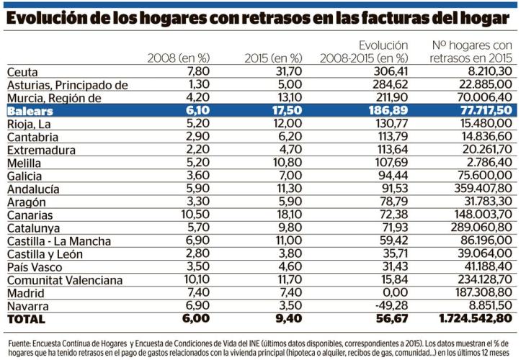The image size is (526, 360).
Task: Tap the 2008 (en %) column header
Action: (x=177, y=58)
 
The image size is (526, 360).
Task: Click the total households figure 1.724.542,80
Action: (x=476, y=319)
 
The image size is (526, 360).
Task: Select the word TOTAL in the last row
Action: (x=26, y=319)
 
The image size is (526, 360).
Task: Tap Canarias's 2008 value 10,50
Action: (x=192, y=215)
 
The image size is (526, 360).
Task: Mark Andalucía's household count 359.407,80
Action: (x=481, y=189)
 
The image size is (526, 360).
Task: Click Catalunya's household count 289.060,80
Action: (x=481, y=228)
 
